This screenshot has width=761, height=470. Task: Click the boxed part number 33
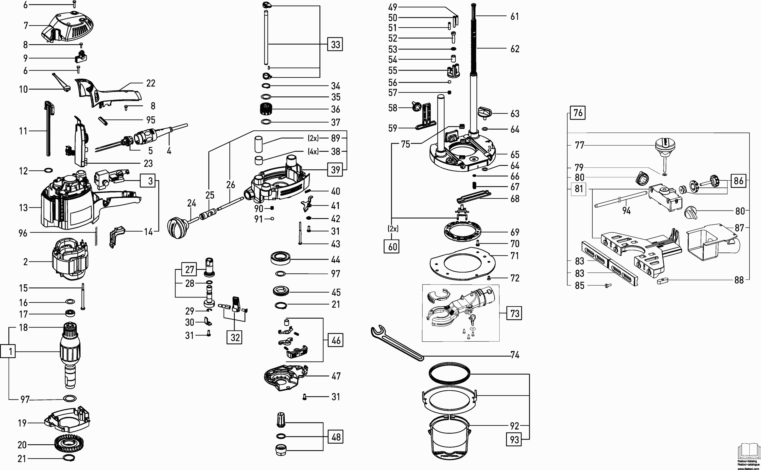pyautogui.click(x=335, y=44)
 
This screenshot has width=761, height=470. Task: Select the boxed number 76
pyautogui.click(x=578, y=113)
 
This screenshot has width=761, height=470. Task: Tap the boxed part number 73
pyautogui.click(x=514, y=313)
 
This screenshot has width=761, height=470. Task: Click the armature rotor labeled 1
pyautogui.click(x=70, y=354)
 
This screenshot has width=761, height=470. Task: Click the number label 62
pyautogui.click(x=515, y=49)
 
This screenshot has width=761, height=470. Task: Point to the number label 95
pyautogui.click(x=151, y=120)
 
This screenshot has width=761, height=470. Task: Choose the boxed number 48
pyautogui.click(x=336, y=437)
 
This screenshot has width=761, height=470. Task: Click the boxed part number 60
pyautogui.click(x=393, y=247)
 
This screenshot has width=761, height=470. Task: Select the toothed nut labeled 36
pyautogui.click(x=266, y=109)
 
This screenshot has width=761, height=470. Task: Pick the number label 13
pyautogui.click(x=23, y=208)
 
